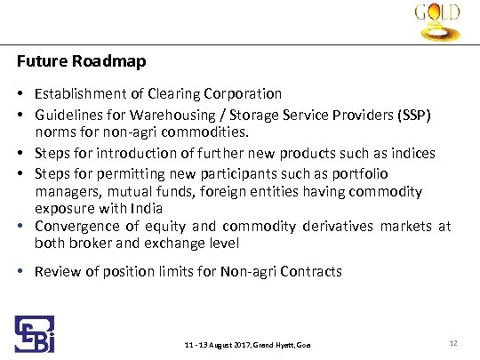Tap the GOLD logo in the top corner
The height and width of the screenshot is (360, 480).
(x=436, y=23)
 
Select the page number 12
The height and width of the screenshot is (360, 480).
(x=454, y=342)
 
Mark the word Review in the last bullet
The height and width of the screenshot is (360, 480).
(x=55, y=271)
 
